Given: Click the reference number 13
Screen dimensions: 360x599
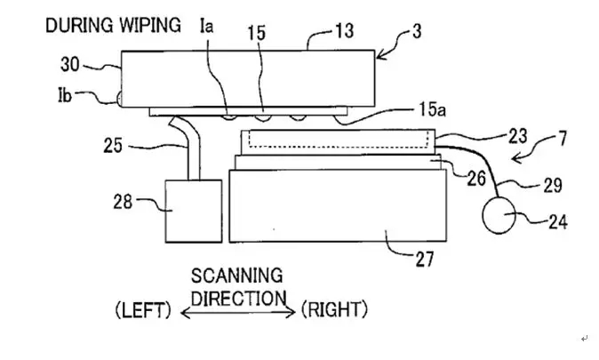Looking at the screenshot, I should pos(343,32).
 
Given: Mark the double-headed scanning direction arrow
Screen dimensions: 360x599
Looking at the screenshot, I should pos(238,312).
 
